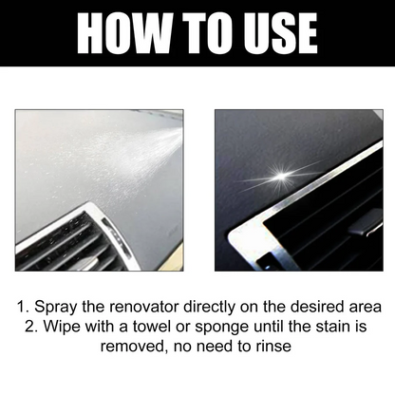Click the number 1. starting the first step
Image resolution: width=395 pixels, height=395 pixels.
(21, 308)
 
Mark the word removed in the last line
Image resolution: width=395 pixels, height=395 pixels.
(128, 348)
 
